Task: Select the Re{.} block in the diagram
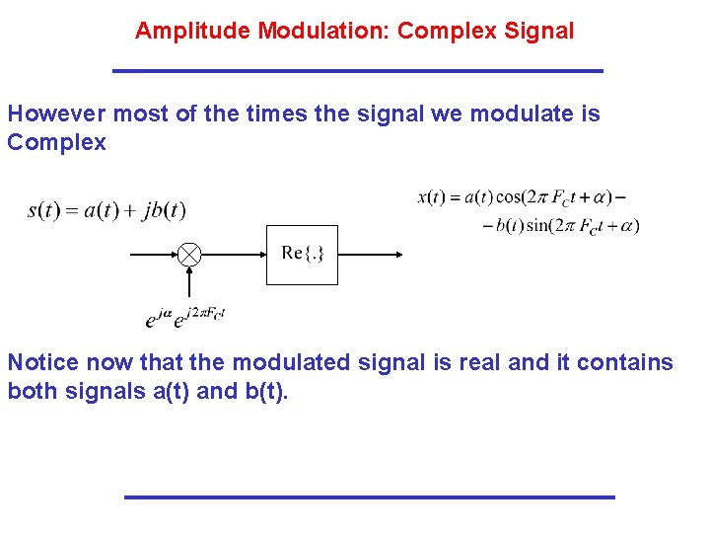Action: tap(302, 255)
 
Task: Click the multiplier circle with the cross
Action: tap(189, 255)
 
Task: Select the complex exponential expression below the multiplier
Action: tap(185, 317)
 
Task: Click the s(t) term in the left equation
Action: tap(46, 210)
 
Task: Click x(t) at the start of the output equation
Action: tap(432, 196)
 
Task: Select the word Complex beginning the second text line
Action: tap(56, 142)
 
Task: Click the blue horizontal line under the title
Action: tap(357, 71)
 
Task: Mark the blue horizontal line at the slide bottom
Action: tap(369, 496)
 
